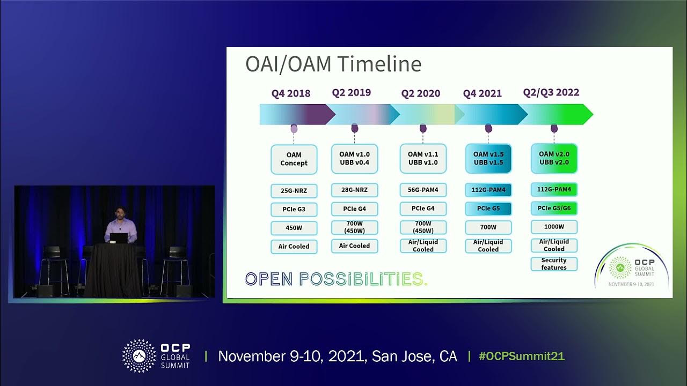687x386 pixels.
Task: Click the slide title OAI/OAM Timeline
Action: point(333,64)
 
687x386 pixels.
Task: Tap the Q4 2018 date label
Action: point(290,93)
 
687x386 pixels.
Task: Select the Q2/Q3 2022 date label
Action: point(551,92)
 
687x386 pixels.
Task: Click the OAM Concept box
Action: point(294,159)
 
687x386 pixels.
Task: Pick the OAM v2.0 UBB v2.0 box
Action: point(554,158)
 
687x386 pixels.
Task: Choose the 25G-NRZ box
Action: point(294,190)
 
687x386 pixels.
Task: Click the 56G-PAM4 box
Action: point(423,190)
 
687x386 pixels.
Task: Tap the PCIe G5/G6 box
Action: point(554,208)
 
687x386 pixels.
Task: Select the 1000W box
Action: point(554,227)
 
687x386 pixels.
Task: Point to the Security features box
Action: point(554,264)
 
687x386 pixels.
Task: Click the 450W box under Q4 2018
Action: point(294,228)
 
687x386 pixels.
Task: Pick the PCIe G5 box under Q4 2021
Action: point(488,209)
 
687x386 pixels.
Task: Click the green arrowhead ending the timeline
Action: point(587,114)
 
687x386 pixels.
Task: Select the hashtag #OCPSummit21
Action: point(521,357)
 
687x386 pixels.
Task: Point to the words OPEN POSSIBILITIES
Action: point(336,279)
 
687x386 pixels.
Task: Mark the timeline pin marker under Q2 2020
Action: point(423,128)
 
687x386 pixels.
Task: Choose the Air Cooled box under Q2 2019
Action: point(354,246)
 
